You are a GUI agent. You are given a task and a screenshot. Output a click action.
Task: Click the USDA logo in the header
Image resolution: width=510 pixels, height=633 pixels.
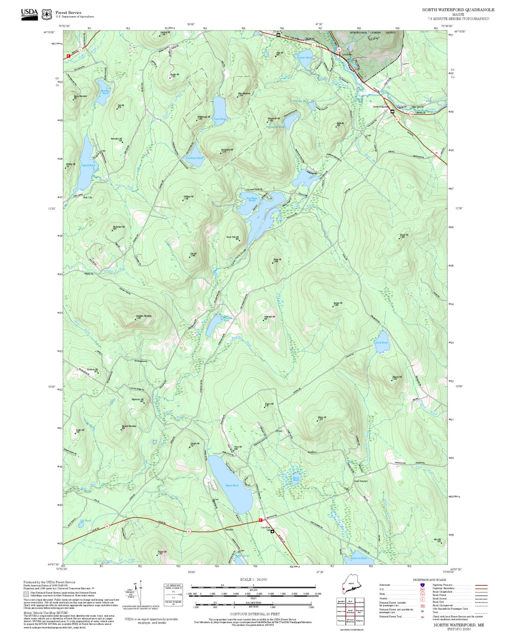pyautogui.click(x=30, y=14)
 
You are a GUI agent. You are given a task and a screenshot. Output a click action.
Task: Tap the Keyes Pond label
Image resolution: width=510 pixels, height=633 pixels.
pyautogui.click(x=232, y=485)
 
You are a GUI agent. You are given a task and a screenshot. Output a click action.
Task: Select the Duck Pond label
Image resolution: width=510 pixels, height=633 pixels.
pyautogui.click(x=381, y=343)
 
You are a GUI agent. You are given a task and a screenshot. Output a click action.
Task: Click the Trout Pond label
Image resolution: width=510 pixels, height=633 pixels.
pyautogui.click(x=219, y=119)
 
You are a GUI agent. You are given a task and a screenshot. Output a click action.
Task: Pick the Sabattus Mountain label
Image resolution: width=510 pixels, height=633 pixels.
pyautogui.click(x=143, y=316)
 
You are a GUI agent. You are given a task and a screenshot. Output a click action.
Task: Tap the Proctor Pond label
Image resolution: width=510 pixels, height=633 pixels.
pyautogui.click(x=304, y=58)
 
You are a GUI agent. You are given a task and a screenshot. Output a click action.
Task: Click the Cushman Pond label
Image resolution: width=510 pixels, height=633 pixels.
pyautogui.click(x=194, y=158)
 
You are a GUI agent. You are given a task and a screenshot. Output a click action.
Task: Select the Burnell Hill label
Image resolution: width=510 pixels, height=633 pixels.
pyautogui.click(x=338, y=303)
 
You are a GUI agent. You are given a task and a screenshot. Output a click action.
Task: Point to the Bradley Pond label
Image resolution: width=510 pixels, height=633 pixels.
pyautogui.click(x=105, y=92)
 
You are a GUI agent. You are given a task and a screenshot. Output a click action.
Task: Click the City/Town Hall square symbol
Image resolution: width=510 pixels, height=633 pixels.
pyautogui.click(x=272, y=532)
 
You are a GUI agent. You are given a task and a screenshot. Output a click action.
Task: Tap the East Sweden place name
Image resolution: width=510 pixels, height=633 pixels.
pyautogui.click(x=361, y=481)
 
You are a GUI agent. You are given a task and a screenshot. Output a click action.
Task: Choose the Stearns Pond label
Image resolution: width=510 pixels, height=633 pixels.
pyautogui.click(x=359, y=558)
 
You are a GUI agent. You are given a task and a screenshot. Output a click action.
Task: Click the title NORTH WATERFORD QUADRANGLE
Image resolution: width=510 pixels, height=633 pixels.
pyautogui.click(x=458, y=10)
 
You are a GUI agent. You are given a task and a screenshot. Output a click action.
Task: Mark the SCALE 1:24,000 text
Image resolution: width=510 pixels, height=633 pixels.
pyautogui.click(x=253, y=579)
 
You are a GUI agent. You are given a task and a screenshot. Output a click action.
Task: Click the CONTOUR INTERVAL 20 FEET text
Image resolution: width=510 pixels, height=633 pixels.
pyautogui.click(x=255, y=614)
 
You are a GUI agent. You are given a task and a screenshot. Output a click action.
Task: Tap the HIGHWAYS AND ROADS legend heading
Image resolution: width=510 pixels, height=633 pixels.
pyautogui.click(x=429, y=580)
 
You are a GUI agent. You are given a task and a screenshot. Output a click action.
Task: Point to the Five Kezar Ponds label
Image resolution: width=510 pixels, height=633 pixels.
pyautogui.click(x=252, y=199)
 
